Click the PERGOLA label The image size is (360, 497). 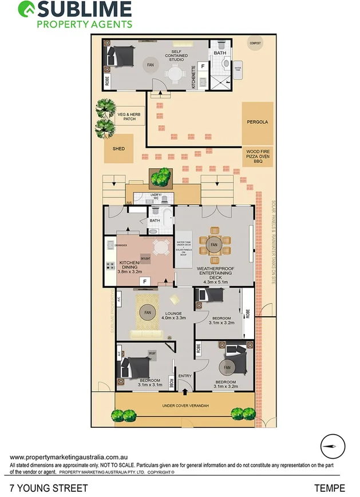[257, 122]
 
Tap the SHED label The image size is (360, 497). [118, 149]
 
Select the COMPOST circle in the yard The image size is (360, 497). [255, 43]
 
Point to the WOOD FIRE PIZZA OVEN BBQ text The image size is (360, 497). [257, 156]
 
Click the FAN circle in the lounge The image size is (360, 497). [148, 312]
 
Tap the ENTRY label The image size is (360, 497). [185, 376]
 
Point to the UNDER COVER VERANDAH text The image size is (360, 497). [186, 405]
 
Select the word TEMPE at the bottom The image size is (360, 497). [330, 488]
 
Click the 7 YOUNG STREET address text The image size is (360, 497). [49, 488]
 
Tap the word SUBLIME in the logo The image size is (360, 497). [85, 10]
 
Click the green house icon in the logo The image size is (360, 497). [25, 9]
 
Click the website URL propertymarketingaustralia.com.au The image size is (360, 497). [68, 457]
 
